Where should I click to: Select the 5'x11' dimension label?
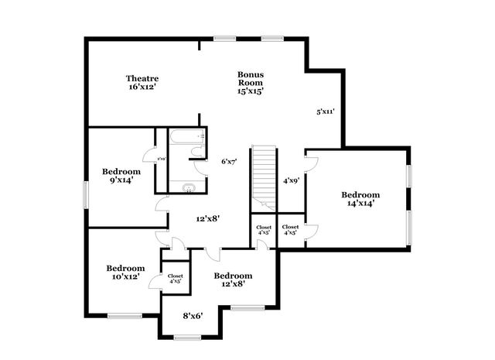(x=325, y=111)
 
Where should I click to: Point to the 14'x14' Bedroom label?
(x=361, y=199)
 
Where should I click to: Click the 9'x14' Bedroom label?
(x=121, y=176)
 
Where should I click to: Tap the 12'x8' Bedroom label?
(x=233, y=280)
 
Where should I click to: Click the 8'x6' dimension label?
(x=193, y=315)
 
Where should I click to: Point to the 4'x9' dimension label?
(x=291, y=180)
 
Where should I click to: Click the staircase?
(x=264, y=174)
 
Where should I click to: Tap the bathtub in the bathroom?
(x=186, y=138)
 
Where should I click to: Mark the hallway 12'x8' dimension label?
(x=207, y=218)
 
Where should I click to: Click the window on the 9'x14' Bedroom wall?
(x=86, y=194)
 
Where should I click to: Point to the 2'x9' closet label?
(x=161, y=159)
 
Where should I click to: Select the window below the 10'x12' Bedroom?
(x=124, y=315)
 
